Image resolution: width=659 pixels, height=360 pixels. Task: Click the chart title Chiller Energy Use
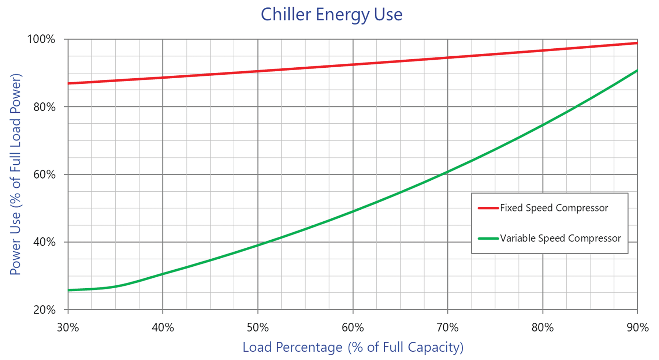(x=331, y=15)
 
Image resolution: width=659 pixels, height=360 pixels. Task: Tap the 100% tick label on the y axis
(x=41, y=39)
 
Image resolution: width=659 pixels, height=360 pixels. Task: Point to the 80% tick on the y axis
(x=44, y=107)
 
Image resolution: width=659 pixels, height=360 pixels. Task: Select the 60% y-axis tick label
(x=44, y=175)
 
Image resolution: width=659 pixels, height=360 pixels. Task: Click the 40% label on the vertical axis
(x=44, y=242)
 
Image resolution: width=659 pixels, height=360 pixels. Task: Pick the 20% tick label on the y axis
(x=44, y=310)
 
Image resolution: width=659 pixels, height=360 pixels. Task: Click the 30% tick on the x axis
(x=68, y=327)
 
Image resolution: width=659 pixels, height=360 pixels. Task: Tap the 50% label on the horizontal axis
(x=258, y=327)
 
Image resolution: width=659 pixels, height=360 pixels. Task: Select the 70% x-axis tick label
(x=448, y=327)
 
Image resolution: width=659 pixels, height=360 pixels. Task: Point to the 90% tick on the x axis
(x=637, y=327)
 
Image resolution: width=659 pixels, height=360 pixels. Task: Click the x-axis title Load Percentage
(x=353, y=347)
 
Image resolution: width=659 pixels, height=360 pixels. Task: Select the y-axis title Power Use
(x=15, y=175)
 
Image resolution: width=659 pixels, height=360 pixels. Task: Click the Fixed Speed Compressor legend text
(x=554, y=208)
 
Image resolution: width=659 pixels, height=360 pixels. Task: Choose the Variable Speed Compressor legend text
(x=561, y=238)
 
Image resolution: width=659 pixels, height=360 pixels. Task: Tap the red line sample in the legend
(x=488, y=208)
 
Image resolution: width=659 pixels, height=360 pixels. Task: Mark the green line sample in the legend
(x=488, y=239)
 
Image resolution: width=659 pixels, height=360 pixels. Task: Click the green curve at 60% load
(x=353, y=211)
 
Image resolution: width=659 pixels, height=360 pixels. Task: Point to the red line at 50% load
(x=258, y=71)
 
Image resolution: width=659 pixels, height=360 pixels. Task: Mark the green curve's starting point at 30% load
(x=69, y=290)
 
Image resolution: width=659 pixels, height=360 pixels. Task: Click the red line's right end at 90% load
(x=637, y=43)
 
